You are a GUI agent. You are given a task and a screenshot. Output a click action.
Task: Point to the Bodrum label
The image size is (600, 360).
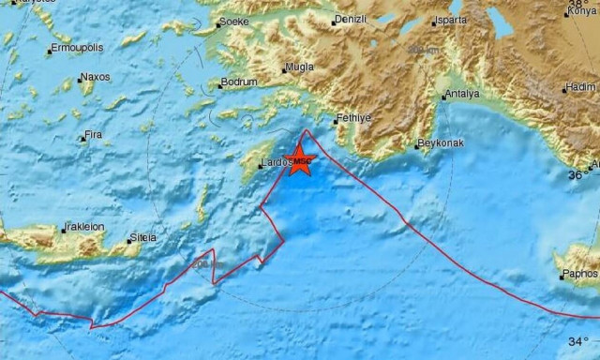click(x=238, y=83)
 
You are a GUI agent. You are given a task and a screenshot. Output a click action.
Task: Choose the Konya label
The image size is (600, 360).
click(x=581, y=12)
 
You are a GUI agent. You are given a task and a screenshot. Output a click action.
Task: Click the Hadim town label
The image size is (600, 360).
click(x=582, y=87)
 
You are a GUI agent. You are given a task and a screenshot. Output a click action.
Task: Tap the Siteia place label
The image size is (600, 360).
click(x=143, y=237)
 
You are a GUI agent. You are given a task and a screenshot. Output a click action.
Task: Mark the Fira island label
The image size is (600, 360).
click(x=93, y=135)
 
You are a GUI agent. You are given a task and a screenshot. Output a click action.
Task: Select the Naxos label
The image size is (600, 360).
click(x=95, y=77)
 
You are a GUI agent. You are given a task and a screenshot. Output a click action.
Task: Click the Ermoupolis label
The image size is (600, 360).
click(x=77, y=46)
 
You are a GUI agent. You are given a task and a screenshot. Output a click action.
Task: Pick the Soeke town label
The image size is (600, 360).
click(x=232, y=21)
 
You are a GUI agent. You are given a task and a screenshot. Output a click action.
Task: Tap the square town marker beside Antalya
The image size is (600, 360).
click(x=444, y=96)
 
